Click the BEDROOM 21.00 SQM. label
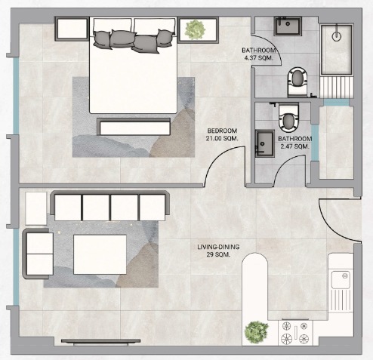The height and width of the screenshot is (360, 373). pyautogui.click(x=222, y=134)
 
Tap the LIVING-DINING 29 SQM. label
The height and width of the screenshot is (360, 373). pyautogui.click(x=218, y=251)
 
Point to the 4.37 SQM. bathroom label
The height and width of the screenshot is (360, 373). pyautogui.click(x=259, y=54)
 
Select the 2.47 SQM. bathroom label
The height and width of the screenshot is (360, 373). pyautogui.click(x=294, y=143)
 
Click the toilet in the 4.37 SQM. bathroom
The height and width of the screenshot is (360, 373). pyautogui.click(x=298, y=82)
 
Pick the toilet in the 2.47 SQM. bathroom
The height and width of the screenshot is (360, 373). pyautogui.click(x=289, y=118)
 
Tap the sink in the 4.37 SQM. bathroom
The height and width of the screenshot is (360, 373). pyautogui.click(x=288, y=26)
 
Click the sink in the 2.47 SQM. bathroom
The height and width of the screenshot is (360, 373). pyautogui.click(x=264, y=143)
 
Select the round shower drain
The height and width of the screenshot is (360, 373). pyautogui.click(x=337, y=36)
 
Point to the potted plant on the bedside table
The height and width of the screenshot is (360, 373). pyautogui.click(x=195, y=29)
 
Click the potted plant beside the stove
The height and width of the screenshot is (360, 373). pyautogui.click(x=256, y=332)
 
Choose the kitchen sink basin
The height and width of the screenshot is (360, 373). pyautogui.click(x=341, y=280)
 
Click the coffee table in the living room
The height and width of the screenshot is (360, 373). pyautogui.click(x=100, y=254)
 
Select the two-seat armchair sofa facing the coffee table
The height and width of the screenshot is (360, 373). pyautogui.click(x=38, y=254)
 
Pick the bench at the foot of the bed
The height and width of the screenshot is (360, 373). pyautogui.click(x=134, y=127)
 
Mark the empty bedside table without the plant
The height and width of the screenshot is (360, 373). pyautogui.click(x=72, y=29)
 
